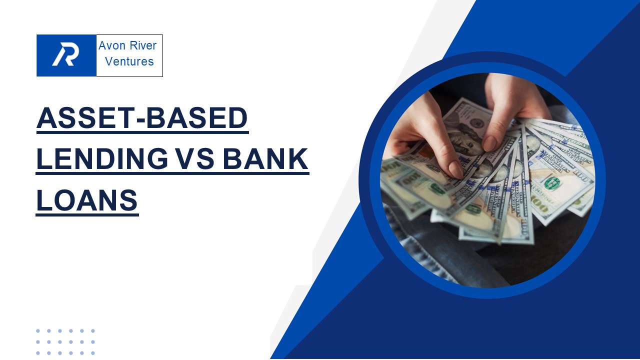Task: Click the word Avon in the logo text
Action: point(110,46)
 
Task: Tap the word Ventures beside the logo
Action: point(129,62)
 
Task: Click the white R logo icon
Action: point(66,55)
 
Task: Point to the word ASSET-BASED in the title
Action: point(142,119)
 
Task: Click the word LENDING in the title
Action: point(102,159)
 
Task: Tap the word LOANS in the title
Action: point(87,200)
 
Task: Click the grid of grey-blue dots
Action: point(65,342)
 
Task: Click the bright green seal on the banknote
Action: point(552,183)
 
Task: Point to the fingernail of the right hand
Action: point(489,143)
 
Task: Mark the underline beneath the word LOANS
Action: point(87,215)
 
